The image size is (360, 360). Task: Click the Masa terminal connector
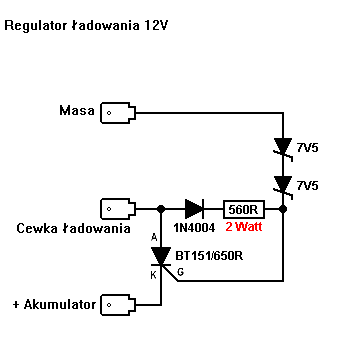pyautogui.click(x=118, y=113)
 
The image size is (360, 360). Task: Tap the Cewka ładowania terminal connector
pyautogui.click(x=118, y=209)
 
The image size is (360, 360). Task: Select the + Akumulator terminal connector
pyautogui.click(x=118, y=305)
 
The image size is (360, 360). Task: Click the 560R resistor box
pyautogui.click(x=244, y=209)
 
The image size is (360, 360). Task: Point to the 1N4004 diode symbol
pyautogui.click(x=194, y=209)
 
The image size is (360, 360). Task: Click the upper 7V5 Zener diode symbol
pyautogui.click(x=283, y=148)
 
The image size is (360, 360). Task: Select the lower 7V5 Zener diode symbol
pyautogui.click(x=283, y=186)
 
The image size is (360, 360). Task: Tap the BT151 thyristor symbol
pyautogui.click(x=161, y=256)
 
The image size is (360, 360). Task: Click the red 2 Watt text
pyautogui.click(x=244, y=227)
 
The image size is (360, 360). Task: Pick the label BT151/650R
pyautogui.click(x=209, y=256)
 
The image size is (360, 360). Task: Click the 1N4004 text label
pyautogui.click(x=194, y=227)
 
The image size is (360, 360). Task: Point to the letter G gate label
pyautogui.click(x=180, y=272)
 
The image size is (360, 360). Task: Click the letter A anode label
pyautogui.click(x=154, y=237)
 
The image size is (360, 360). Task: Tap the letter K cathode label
pyautogui.click(x=154, y=275)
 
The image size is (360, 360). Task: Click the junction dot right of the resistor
pyautogui.click(x=283, y=209)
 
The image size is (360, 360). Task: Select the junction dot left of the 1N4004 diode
pyautogui.click(x=161, y=209)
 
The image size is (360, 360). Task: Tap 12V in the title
pyautogui.click(x=156, y=25)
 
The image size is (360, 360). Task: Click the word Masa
pyautogui.click(x=77, y=110)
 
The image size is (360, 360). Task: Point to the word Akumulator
pyautogui.click(x=60, y=304)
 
